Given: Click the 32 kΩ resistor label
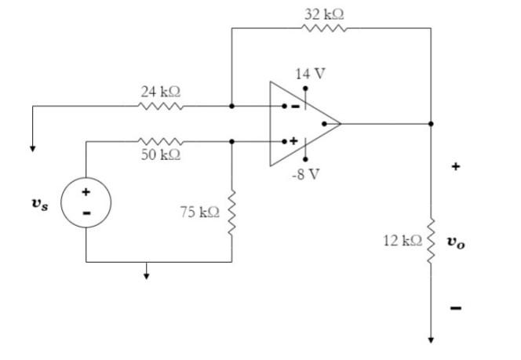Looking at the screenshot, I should [324, 14].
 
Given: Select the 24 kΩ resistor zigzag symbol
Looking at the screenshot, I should [162, 106].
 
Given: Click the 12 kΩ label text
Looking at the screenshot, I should [402, 240].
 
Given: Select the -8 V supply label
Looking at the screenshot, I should [305, 173].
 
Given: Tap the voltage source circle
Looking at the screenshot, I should [86, 202].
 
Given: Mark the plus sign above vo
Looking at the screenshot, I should [455, 166].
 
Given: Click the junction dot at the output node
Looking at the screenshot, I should [430, 123].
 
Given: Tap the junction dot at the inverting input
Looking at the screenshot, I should [231, 106].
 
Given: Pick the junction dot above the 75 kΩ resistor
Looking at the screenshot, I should [232, 141].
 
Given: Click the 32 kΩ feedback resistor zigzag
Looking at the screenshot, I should [323, 28].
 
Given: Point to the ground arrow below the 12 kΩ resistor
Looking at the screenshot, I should [430, 339].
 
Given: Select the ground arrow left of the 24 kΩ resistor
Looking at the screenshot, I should [32, 145].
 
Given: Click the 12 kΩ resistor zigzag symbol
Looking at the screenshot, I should [430, 239].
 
